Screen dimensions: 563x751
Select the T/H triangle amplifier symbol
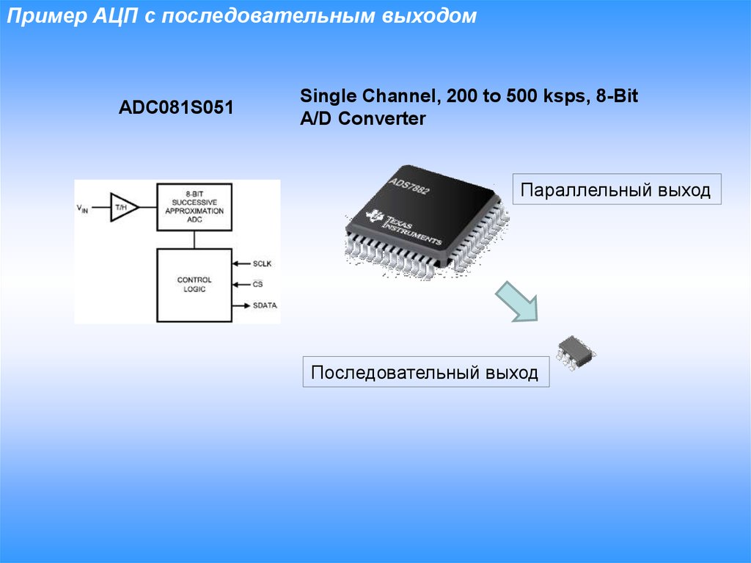[x=122, y=208]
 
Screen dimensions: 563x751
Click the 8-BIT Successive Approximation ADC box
[x=194, y=207]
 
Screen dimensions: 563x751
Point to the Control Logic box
[x=194, y=285]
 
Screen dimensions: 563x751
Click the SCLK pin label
[x=263, y=263]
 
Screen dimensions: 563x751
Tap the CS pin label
[x=257, y=283]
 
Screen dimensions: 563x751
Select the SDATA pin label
[x=265, y=305]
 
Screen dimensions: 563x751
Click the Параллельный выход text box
[x=616, y=191]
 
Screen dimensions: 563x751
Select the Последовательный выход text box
[x=425, y=372]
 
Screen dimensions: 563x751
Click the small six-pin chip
[x=576, y=350]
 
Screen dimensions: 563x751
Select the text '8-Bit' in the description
[x=618, y=97]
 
